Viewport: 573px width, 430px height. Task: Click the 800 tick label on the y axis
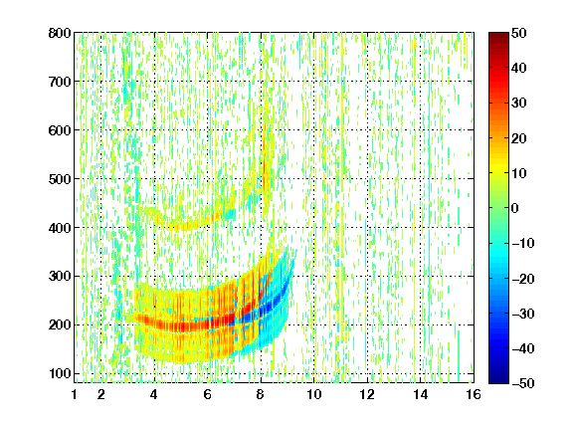click(60, 33)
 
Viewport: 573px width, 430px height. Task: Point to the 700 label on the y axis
click(60, 82)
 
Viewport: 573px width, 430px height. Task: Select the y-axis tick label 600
click(60, 130)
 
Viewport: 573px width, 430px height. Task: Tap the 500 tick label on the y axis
click(60, 179)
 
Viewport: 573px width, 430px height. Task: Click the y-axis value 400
click(60, 228)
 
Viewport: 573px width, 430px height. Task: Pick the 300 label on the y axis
click(60, 277)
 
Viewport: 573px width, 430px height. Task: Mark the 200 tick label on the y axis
click(60, 325)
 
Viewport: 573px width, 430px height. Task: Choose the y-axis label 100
click(60, 373)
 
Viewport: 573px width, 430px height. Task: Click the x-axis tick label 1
click(75, 394)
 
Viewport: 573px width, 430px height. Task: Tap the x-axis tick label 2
click(101, 394)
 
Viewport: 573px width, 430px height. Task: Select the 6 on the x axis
click(208, 394)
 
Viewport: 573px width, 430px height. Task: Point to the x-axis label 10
click(314, 394)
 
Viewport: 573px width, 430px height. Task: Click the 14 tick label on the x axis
click(421, 394)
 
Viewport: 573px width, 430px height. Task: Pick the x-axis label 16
click(474, 394)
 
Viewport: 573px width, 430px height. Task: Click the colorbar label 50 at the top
click(519, 33)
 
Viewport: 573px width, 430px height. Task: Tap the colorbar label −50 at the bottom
click(523, 383)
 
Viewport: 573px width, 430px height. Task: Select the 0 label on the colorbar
click(515, 208)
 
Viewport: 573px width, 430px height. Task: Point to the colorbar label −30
click(523, 314)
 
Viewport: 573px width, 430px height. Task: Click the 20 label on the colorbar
click(519, 138)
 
